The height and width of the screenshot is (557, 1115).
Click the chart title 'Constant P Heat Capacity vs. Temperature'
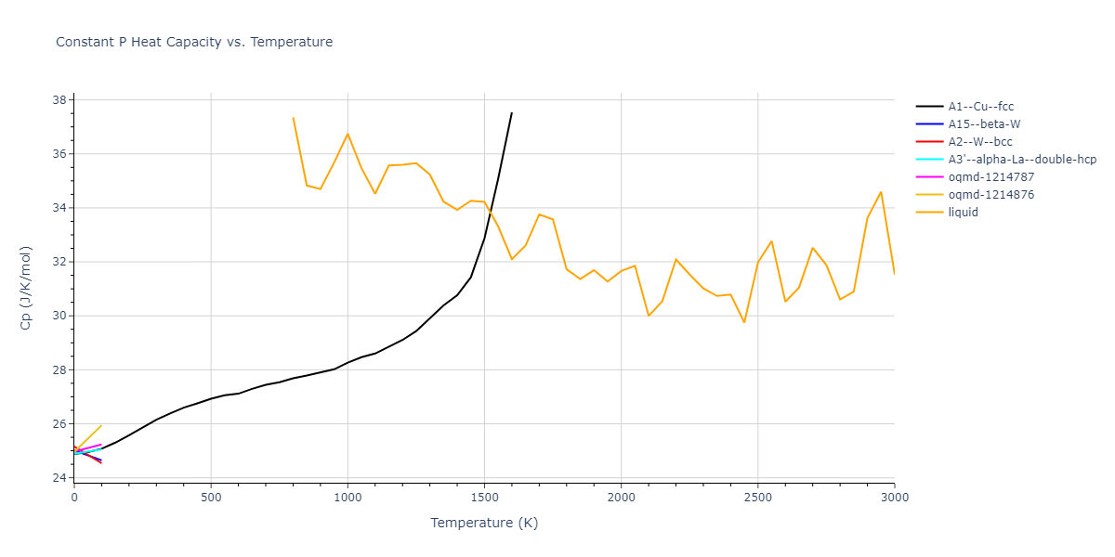click(x=194, y=42)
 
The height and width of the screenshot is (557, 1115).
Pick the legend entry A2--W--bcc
click(x=980, y=142)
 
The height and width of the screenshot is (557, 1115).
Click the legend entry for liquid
click(x=963, y=213)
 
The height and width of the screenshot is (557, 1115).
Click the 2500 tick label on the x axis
click(x=757, y=499)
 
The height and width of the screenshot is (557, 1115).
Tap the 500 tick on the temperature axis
click(x=211, y=499)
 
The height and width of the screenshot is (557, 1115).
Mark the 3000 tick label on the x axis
click(x=894, y=499)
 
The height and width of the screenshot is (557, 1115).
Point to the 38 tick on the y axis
click(x=58, y=100)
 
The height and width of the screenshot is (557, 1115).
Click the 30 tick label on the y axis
click(x=58, y=317)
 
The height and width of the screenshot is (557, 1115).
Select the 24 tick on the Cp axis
click(x=58, y=478)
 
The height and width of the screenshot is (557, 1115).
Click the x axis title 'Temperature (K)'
click(x=484, y=523)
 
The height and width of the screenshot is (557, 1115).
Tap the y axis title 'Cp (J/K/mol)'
click(x=27, y=289)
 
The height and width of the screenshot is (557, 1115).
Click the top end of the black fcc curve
click(x=511, y=113)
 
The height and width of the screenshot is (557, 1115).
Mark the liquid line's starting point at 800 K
click(x=293, y=118)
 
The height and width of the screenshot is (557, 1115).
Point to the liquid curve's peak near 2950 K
click(x=881, y=192)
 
